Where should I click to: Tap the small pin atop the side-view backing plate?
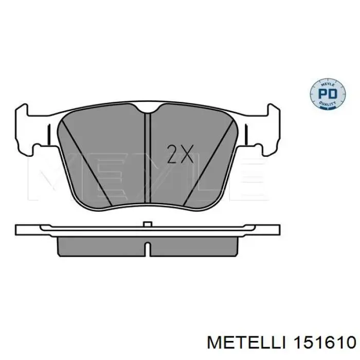(147, 224)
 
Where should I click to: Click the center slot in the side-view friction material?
(147, 248)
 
